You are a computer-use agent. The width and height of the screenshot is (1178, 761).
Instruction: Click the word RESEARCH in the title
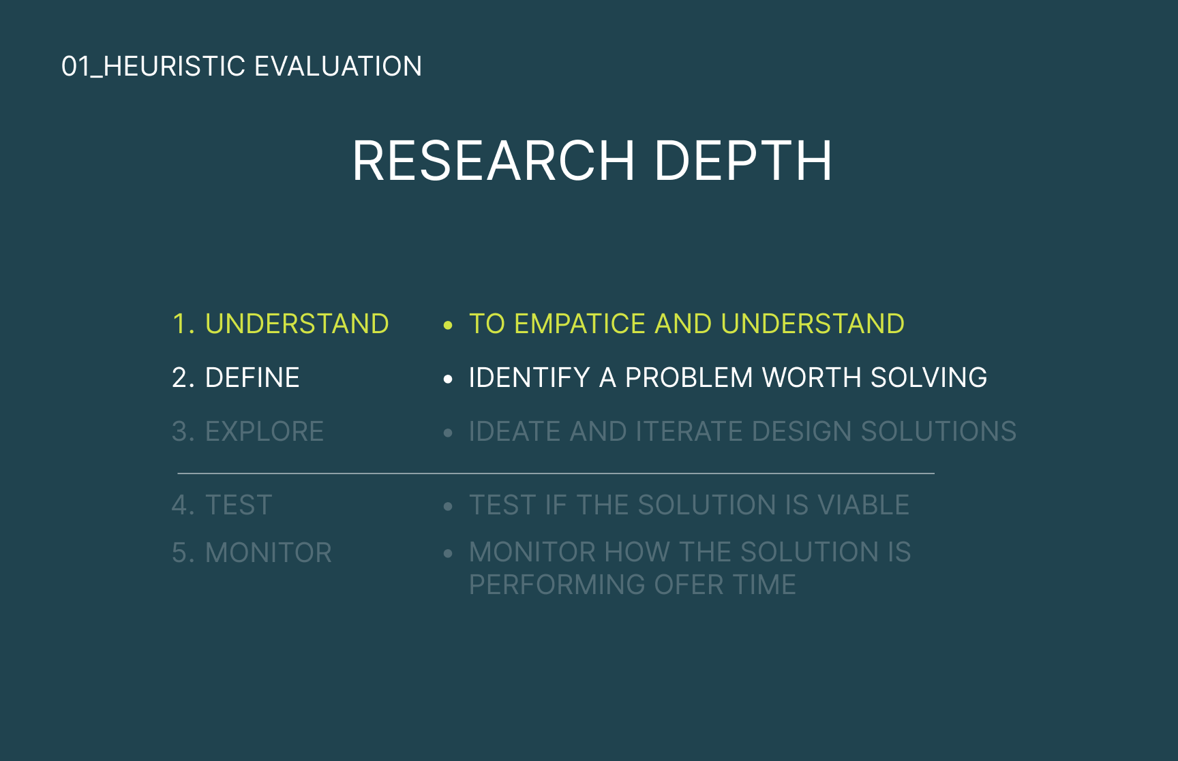[494, 161]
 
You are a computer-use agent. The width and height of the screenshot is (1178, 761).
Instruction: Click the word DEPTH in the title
[743, 161]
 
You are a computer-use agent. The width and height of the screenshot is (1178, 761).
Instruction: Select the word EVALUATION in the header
[338, 67]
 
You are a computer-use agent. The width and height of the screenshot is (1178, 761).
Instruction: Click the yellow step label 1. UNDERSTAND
[280, 324]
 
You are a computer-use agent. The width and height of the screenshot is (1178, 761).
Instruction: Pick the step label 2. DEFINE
[236, 377]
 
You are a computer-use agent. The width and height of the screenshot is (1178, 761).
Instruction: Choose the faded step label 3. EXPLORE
[248, 431]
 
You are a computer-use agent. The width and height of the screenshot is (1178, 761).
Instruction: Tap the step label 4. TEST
[222, 505]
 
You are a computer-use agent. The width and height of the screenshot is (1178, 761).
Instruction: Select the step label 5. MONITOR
[252, 553]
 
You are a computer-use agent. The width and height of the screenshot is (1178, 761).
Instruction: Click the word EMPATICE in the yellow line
[579, 324]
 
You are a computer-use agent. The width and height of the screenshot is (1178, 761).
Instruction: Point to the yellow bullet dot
[448, 326]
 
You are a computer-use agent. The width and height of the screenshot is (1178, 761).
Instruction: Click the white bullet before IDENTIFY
[448, 379]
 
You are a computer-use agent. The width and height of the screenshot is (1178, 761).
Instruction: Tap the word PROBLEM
[689, 377]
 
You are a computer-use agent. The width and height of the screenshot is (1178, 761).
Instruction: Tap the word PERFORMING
[558, 585]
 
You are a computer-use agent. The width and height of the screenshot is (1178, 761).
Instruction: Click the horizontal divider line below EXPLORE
[556, 473]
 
